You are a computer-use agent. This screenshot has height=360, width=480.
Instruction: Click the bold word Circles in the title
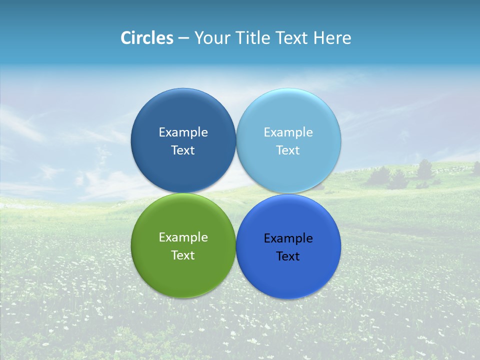point(146,38)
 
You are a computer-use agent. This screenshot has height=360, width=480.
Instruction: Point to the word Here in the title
point(332,38)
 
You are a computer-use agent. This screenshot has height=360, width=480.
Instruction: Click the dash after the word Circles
point(183,38)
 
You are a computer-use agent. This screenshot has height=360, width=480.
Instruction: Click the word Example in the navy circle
point(183,132)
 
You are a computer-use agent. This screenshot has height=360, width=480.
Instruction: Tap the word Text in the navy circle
point(183,150)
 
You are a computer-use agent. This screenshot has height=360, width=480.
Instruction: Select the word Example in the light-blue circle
point(288,132)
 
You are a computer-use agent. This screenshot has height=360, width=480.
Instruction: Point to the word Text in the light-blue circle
point(288,150)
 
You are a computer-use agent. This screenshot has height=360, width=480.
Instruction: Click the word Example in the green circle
point(183,237)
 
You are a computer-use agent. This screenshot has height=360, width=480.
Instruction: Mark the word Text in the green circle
point(183,255)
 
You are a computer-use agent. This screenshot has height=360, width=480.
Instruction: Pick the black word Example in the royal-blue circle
point(288,238)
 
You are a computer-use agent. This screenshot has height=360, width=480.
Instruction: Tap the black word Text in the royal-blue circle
point(288,256)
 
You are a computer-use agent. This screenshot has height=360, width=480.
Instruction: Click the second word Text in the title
point(292,38)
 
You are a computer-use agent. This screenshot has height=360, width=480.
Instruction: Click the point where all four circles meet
point(236,193)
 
